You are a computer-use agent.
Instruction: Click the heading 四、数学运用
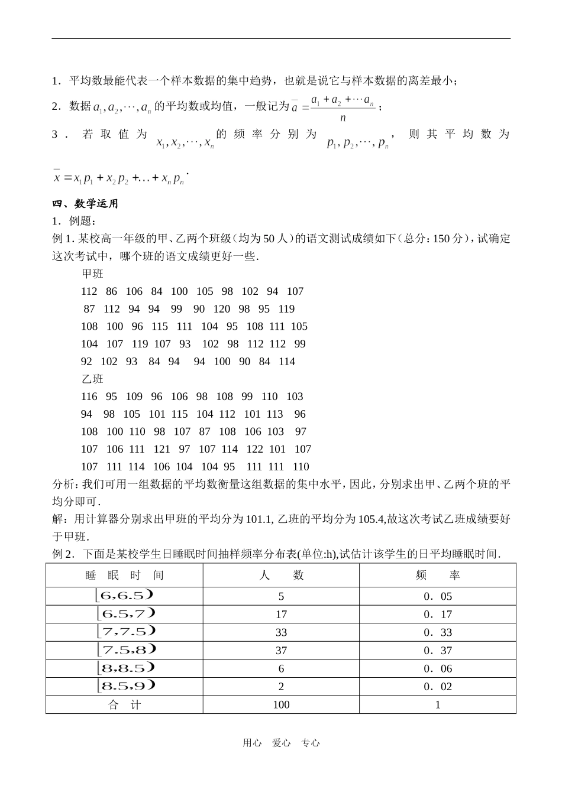(x=86, y=204)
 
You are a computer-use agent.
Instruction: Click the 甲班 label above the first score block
(x=92, y=274)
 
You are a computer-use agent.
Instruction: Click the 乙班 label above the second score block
(x=92, y=379)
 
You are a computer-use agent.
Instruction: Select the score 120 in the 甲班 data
(x=221, y=309)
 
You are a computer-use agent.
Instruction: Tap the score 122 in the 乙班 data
(x=254, y=449)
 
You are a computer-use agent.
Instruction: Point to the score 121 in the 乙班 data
(x=162, y=449)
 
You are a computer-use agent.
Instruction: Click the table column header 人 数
(x=281, y=576)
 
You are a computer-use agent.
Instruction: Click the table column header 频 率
(x=438, y=576)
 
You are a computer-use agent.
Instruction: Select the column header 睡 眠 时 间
(x=124, y=576)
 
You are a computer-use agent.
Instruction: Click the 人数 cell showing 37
(x=281, y=651)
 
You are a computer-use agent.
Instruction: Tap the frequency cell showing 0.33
(x=438, y=632)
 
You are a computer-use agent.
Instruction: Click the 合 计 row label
(x=124, y=704)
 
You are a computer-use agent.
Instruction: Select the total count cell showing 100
(x=281, y=704)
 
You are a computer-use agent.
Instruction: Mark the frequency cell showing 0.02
(x=438, y=687)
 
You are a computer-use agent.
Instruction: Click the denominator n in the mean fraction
(x=343, y=118)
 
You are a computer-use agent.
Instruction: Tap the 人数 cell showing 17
(x=281, y=615)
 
